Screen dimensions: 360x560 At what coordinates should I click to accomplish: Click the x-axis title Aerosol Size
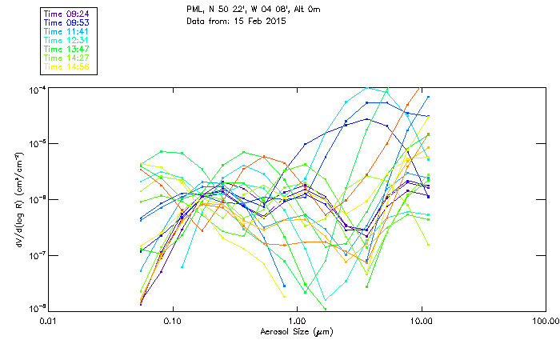tap(296, 331)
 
